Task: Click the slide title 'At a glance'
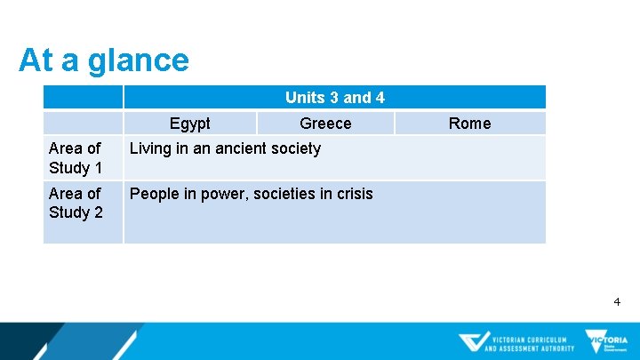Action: pos(103,60)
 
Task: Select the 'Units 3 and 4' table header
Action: pos(334,98)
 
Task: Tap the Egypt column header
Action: pos(189,124)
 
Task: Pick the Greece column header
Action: pos(325,124)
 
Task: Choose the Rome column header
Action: pos(469,124)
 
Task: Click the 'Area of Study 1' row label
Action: pos(76,158)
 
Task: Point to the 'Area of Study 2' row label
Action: pos(76,203)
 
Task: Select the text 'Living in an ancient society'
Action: pos(225,148)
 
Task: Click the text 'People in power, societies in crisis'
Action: pos(251,194)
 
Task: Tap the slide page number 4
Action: pos(617,302)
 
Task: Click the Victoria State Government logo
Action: pos(605,342)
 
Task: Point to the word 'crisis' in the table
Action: pos(352,194)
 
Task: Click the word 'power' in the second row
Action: pos(212,194)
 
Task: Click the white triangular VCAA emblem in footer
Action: pos(474,342)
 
